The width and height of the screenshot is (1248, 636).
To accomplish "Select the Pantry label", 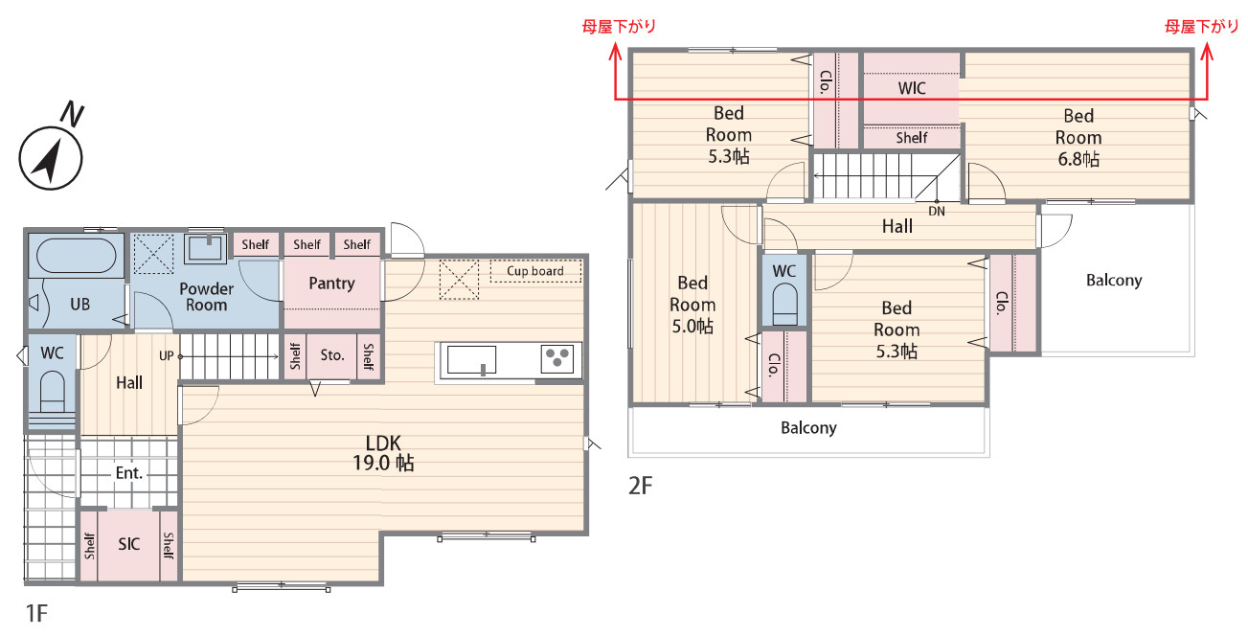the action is coord(332,284).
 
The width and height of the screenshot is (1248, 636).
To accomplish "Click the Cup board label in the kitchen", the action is coord(534,271).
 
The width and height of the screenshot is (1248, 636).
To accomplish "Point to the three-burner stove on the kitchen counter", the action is coord(557,358).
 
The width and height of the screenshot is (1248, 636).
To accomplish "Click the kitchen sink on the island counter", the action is coord(471,360).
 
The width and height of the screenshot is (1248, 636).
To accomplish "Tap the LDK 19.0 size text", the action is coord(383,453).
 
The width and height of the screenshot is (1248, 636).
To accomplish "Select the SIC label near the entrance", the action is coord(128,544).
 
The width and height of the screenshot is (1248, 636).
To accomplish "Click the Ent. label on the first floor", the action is coord(129,473).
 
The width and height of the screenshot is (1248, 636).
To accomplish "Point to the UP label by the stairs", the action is coord(166,355).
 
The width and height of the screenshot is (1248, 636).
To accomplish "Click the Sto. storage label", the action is coord(332,355).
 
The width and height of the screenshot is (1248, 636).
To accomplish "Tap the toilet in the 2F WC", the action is coord(784,304).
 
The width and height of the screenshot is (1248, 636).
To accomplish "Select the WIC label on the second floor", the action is coord(912,88).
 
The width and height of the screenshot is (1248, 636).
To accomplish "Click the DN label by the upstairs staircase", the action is coord(937,212).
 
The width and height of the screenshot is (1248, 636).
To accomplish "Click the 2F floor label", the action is coord(640,486).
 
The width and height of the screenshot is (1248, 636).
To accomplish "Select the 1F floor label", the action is coord(36,613).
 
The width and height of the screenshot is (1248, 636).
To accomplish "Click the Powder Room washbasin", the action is coord(206,247).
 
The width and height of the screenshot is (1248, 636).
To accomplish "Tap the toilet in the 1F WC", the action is coord(53,392).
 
